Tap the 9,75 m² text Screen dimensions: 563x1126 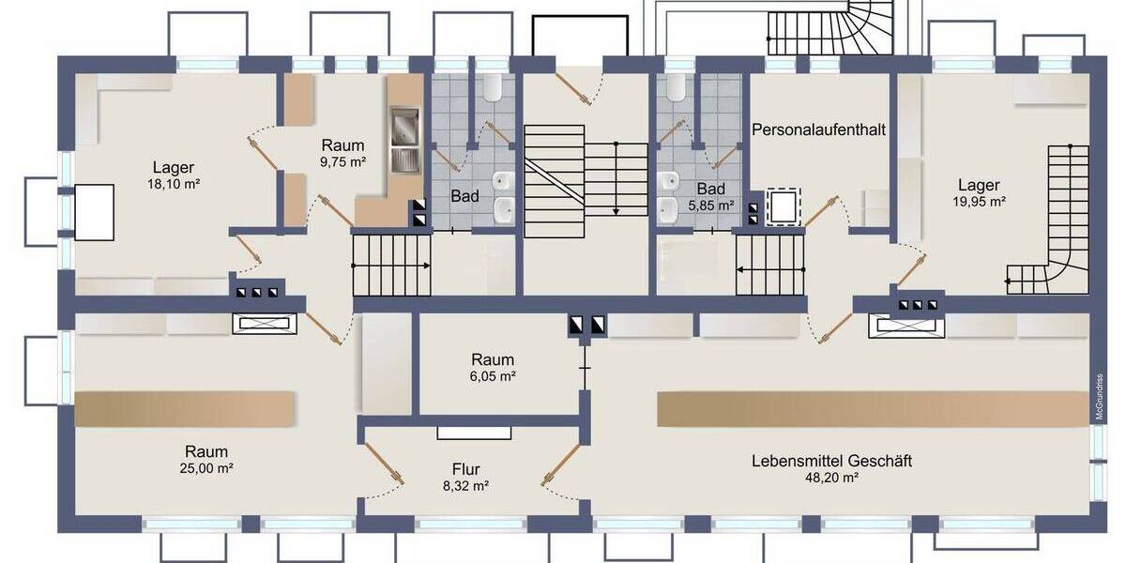342,161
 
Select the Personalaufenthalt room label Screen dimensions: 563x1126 819,129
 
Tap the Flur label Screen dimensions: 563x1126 465,469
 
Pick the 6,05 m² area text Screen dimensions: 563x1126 492,375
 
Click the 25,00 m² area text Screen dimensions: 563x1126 206,467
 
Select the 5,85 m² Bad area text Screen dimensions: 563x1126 710,205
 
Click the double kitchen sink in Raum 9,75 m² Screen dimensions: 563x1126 404,141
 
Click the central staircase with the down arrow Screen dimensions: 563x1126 586,178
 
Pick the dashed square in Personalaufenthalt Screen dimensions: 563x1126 783,206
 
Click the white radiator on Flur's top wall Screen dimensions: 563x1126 474,433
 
